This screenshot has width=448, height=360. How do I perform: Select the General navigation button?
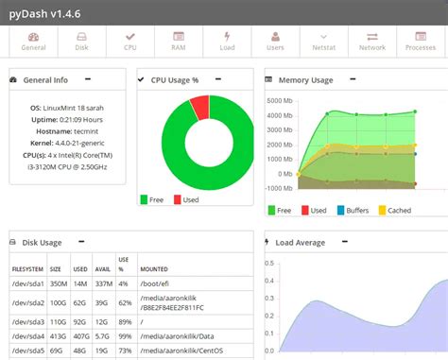tap(33, 41)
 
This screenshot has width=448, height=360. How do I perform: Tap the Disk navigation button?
tap(81, 41)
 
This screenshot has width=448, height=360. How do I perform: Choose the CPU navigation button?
tap(129, 41)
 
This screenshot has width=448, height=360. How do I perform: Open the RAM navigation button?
tap(178, 41)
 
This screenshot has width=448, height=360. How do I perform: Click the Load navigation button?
tap(227, 41)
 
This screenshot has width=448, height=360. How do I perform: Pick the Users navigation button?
tap(276, 41)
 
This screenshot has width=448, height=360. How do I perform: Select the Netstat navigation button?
tap(324, 41)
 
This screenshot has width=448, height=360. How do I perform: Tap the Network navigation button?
tap(372, 41)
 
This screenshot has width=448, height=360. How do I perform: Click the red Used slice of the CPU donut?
tap(199, 107)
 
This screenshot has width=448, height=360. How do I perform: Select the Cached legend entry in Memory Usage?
tap(396, 210)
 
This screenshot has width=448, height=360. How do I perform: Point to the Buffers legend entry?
tap(353, 210)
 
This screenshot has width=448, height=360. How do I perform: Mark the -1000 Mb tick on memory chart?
tap(278, 187)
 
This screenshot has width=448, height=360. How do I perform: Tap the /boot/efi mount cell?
tap(158, 282)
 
